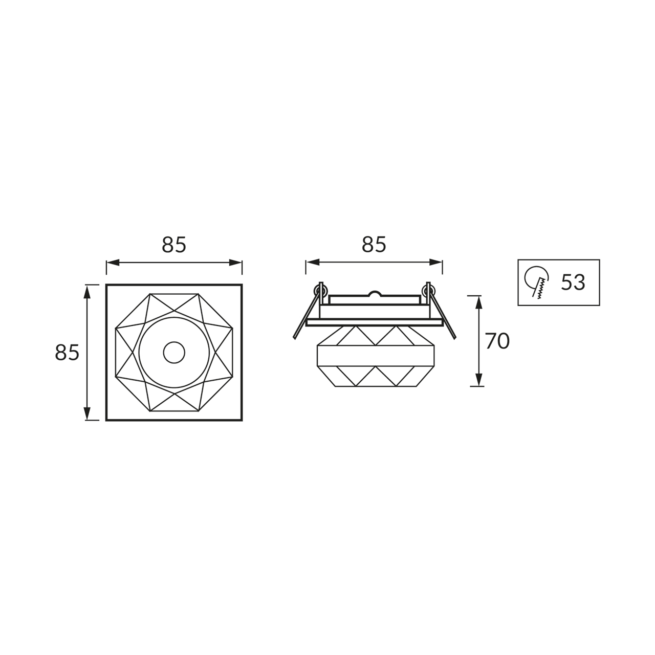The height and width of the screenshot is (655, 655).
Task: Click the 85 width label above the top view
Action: coord(173,245)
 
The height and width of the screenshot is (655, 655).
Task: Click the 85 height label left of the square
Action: coord(67,352)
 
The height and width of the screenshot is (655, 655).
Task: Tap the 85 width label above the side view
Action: coord(374,245)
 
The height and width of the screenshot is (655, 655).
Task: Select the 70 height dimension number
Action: coord(497,341)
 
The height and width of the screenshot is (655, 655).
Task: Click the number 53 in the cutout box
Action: coord(573,282)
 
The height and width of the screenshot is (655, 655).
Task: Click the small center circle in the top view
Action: coord(174,352)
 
